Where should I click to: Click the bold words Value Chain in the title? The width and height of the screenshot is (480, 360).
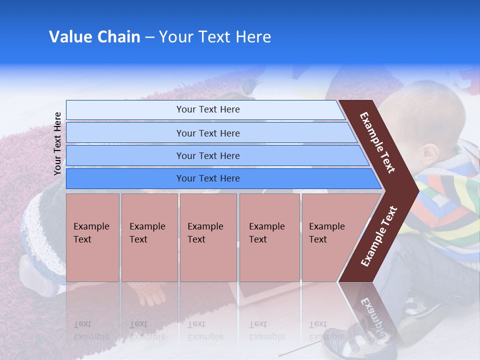pyautogui.click(x=94, y=37)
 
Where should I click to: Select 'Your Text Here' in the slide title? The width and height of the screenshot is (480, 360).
pyautogui.click(x=215, y=37)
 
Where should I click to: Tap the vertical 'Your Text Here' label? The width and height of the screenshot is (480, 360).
pyautogui.click(x=57, y=143)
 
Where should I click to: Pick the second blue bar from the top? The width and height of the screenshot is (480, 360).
pyautogui.click(x=207, y=133)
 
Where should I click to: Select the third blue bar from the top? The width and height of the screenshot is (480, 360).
pyautogui.click(x=207, y=155)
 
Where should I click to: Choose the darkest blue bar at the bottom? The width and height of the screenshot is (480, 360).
pyautogui.click(x=207, y=178)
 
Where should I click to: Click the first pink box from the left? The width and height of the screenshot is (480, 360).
pyautogui.click(x=92, y=237)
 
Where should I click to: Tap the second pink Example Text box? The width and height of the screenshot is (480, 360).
pyautogui.click(x=149, y=237)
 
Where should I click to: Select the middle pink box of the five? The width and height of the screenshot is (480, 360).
pyautogui.click(x=208, y=237)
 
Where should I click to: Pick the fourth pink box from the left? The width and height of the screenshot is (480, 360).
pyautogui.click(x=269, y=237)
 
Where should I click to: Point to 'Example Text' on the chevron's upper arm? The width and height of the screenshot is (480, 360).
pyautogui.click(x=377, y=142)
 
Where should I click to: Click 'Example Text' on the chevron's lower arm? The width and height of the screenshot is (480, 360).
pyautogui.click(x=379, y=236)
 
